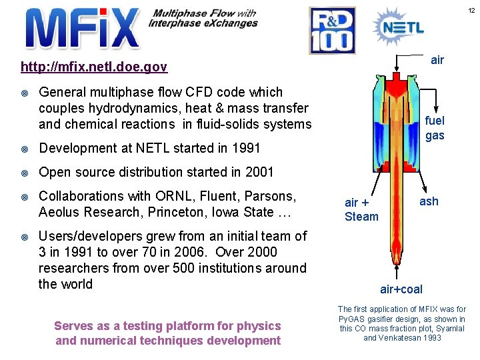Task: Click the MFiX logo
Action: [x=82, y=29]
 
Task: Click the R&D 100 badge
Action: [x=332, y=31]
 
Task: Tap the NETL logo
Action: [x=397, y=27]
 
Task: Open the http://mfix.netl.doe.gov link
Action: [x=94, y=67]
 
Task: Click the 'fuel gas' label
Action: [x=435, y=128]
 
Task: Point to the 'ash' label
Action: [x=429, y=201]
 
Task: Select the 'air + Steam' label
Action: [x=361, y=209]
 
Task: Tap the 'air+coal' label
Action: [x=401, y=289]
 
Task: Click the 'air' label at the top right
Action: [x=437, y=60]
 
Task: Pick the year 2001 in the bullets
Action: [x=259, y=172]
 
